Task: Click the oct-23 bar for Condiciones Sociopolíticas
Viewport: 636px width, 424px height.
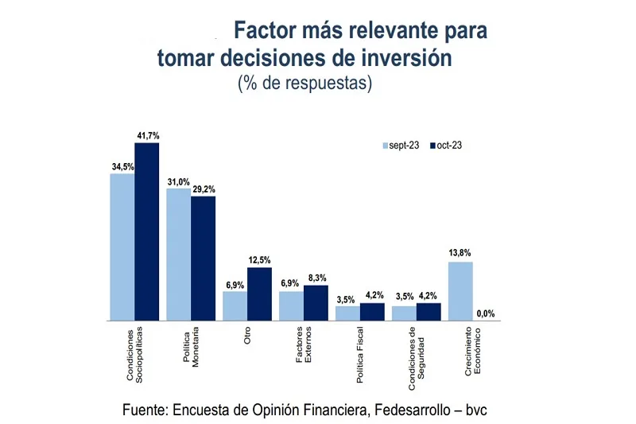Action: [147, 231]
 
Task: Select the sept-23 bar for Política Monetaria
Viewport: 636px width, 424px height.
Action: [178, 255]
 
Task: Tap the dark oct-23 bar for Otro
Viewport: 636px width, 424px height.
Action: [260, 294]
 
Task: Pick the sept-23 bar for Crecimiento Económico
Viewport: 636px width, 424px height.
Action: [461, 291]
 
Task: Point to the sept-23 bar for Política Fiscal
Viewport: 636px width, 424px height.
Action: [348, 313]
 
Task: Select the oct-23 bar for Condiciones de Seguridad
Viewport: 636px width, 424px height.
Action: [429, 311]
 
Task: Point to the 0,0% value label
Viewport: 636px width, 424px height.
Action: [486, 313]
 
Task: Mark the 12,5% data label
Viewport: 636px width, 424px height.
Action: [260, 260]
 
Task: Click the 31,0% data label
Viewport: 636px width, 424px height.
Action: [178, 182]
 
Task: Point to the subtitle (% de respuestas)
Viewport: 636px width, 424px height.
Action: [305, 83]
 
